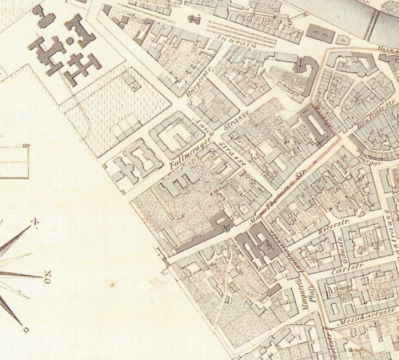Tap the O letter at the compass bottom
tap(25, 330)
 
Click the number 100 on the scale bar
tap(25, 146)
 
